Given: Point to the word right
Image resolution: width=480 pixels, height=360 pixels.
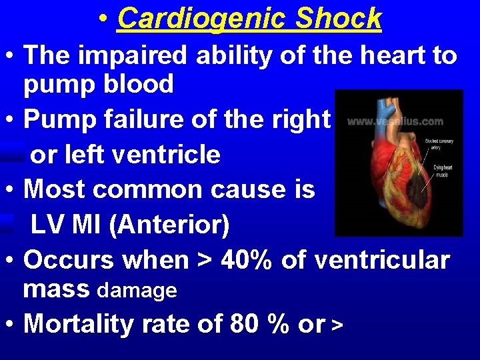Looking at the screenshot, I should pyautogui.click(x=300, y=121).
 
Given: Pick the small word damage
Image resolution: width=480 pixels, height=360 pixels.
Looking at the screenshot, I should pyautogui.click(x=137, y=291).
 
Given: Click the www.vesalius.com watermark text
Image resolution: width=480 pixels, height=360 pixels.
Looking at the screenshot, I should pyautogui.click(x=395, y=121).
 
